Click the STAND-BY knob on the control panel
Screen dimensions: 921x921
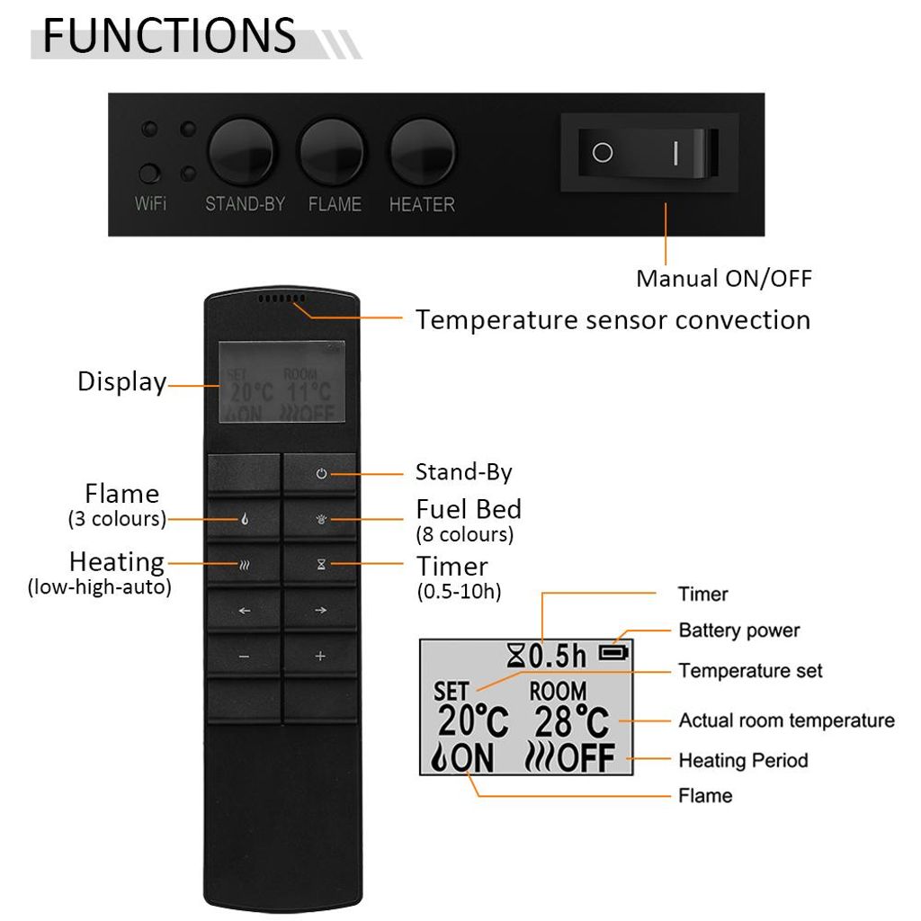[x=241, y=151]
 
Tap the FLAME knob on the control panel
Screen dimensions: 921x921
[x=332, y=151]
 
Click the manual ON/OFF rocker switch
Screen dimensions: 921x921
[x=648, y=153]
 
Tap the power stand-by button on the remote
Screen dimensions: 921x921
[x=320, y=473]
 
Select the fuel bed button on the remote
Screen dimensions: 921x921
[x=320, y=519]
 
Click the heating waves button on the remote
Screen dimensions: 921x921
[x=244, y=565]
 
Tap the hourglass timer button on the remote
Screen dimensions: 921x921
[x=320, y=565]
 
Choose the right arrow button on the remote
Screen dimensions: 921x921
[x=320, y=611]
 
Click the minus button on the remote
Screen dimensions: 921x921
[x=244, y=656]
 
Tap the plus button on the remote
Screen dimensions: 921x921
[x=320, y=656]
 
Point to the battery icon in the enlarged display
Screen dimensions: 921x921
[x=613, y=653]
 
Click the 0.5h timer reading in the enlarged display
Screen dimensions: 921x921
[x=558, y=656]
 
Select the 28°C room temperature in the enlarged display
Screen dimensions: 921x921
[x=571, y=721]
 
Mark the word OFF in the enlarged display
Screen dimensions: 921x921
[x=586, y=757]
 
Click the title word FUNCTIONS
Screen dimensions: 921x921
[x=170, y=36]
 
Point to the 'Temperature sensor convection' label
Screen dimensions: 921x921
[x=613, y=321]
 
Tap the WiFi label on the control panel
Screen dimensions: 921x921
[x=150, y=204]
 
